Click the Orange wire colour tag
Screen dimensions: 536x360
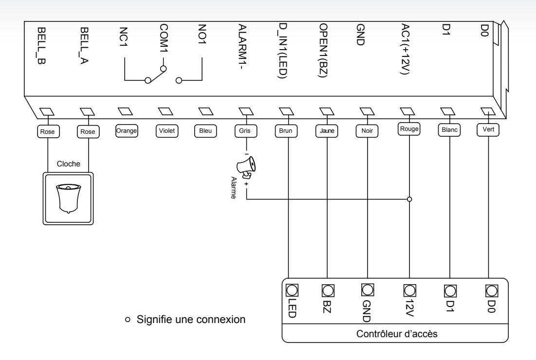point(127,131)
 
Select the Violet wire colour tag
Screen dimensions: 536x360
point(167,131)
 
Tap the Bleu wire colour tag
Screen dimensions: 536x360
point(205,131)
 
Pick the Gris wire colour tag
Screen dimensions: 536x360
point(246,131)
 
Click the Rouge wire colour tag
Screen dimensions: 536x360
point(409,129)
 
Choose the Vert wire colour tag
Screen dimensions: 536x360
point(488,129)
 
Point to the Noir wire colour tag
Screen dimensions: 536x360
point(367,131)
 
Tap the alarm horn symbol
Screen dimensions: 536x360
point(246,167)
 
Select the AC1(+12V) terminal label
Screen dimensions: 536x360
point(405,49)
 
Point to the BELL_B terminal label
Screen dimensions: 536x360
point(41,46)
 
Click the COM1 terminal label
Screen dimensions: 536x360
point(164,38)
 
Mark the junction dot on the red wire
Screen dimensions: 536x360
point(409,199)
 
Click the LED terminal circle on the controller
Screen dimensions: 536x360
point(292,290)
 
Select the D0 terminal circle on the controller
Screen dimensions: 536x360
point(492,291)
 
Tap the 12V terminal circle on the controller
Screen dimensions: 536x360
point(409,290)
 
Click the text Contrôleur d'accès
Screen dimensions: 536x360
point(397,334)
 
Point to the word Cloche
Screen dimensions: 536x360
point(68,164)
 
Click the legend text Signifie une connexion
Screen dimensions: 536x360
point(191,319)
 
